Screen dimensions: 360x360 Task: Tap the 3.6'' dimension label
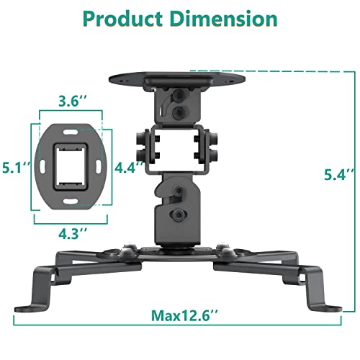(x=70, y=103)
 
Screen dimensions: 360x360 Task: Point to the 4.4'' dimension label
(x=128, y=167)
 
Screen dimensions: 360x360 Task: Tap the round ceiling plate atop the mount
(x=177, y=76)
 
